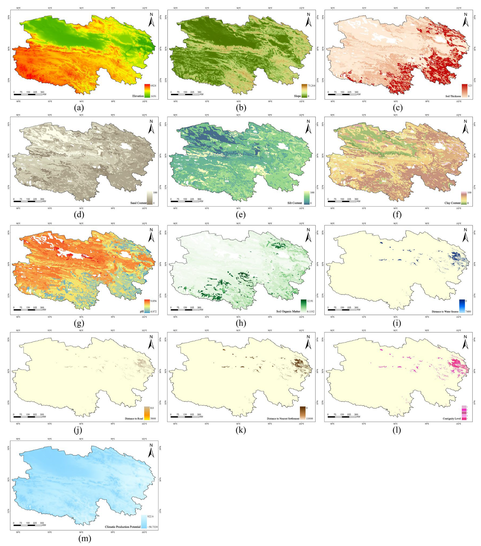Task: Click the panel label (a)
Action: point(79,108)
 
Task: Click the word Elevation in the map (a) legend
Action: point(138,96)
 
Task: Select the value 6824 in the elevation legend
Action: point(153,86)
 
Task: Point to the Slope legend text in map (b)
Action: point(297,96)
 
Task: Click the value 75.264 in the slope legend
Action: point(312,86)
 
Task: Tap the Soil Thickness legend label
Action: point(453,96)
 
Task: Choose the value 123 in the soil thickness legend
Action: point(470,86)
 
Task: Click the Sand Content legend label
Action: point(139,203)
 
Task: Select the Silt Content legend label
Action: point(295,203)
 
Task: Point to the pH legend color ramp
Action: point(147,306)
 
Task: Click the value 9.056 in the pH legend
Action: point(153,301)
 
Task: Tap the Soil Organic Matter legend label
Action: point(288,311)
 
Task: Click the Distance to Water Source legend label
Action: point(445,311)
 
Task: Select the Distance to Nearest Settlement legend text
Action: point(283,419)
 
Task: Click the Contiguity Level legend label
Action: point(452,419)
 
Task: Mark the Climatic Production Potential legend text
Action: point(123,527)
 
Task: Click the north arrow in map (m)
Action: point(151,451)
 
